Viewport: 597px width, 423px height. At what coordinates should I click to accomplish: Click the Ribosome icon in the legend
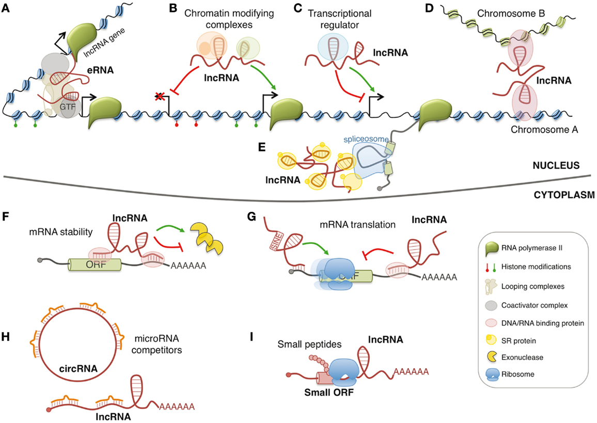click(495, 374)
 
